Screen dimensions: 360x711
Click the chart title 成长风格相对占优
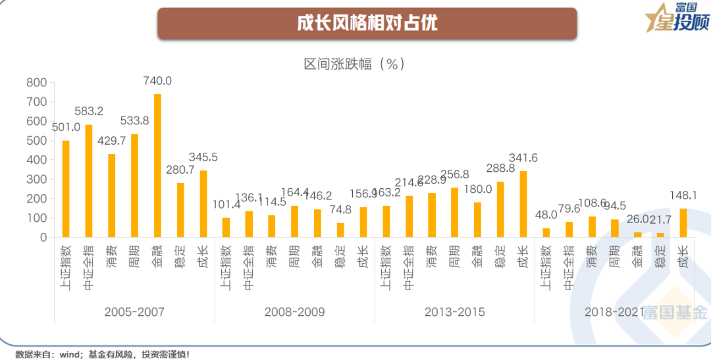(x=367, y=23)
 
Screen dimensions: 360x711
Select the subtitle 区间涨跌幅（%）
(x=354, y=64)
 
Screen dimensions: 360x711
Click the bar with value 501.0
(x=66, y=189)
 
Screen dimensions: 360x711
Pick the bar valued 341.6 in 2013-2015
(x=523, y=204)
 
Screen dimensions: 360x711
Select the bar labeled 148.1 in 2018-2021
(x=683, y=222)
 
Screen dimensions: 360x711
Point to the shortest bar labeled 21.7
(x=660, y=234)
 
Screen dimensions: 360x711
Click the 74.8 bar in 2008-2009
(x=340, y=230)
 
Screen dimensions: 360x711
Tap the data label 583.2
(x=89, y=111)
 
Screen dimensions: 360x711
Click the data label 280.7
(x=180, y=170)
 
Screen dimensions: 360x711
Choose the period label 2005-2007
(x=134, y=311)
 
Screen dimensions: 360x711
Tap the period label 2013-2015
(x=455, y=311)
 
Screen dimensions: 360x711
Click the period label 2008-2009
(x=294, y=311)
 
